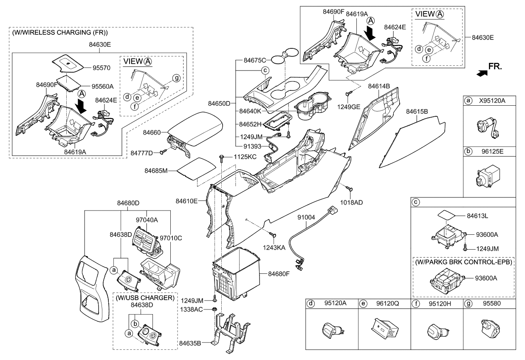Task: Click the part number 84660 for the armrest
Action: point(152,133)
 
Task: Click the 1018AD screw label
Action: point(352,202)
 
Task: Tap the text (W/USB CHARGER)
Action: point(144,298)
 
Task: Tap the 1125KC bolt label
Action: point(245,157)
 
